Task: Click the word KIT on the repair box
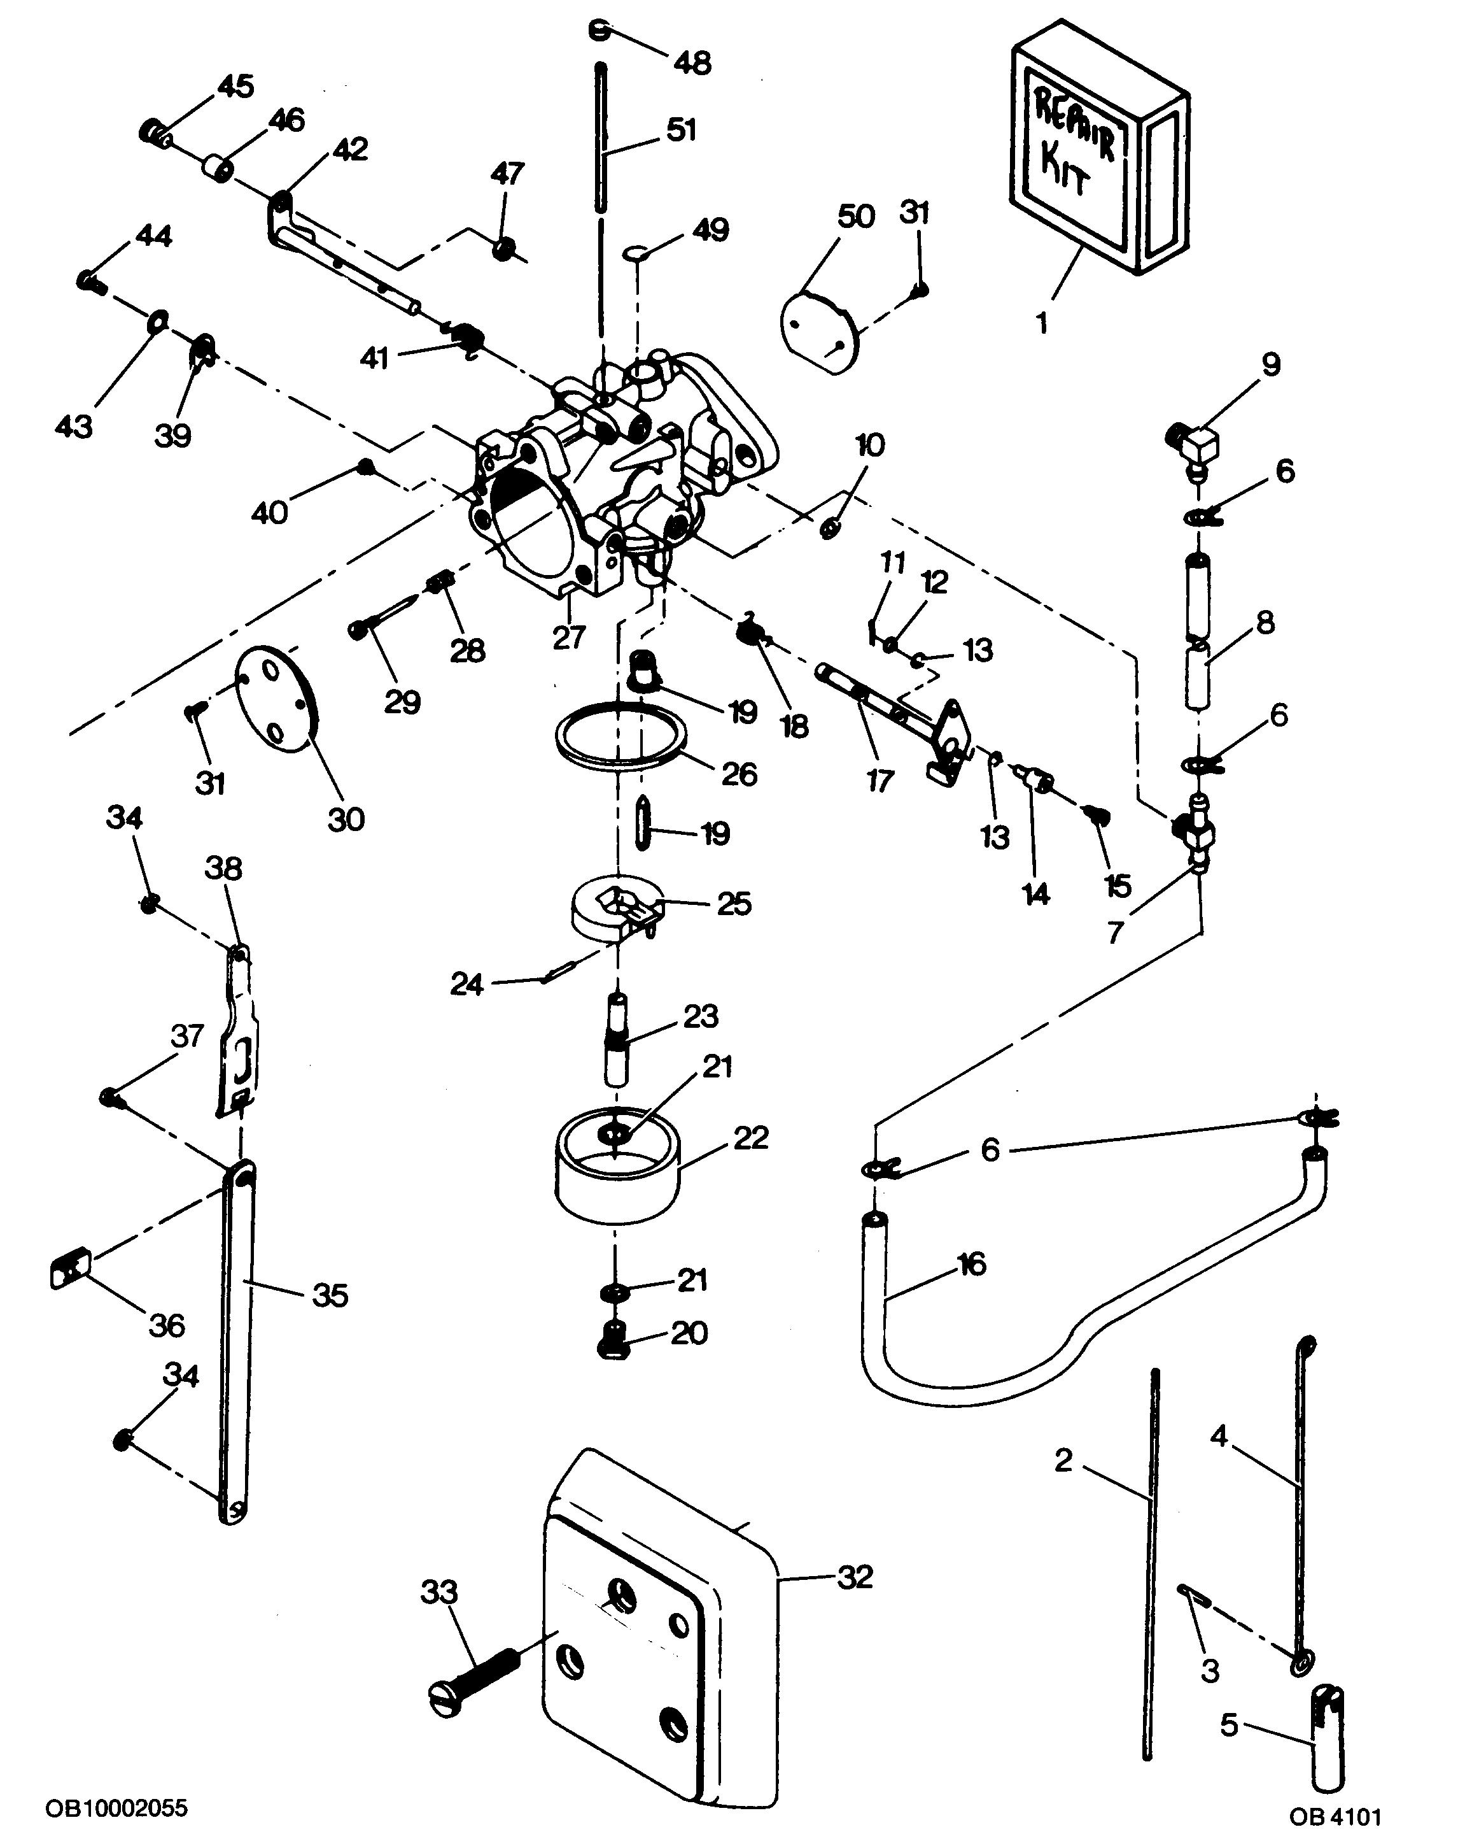coord(1062,170)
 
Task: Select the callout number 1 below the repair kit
coord(1042,323)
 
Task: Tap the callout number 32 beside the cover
coord(855,1577)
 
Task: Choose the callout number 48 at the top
coord(692,62)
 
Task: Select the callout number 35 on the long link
coord(330,1295)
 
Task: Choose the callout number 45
coord(235,86)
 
